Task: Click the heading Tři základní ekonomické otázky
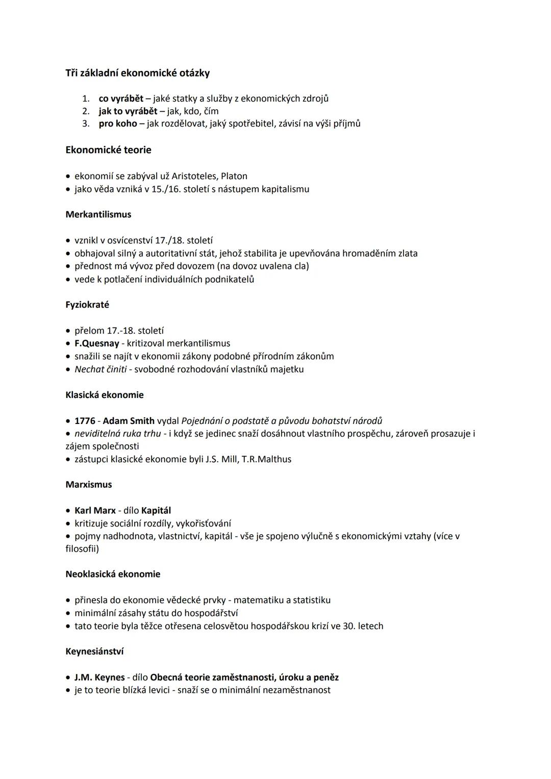click(x=137, y=73)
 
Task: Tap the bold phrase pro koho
click(x=118, y=123)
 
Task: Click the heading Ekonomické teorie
click(x=108, y=150)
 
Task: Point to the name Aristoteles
click(x=194, y=177)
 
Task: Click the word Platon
click(x=234, y=177)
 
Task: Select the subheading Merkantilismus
click(x=98, y=215)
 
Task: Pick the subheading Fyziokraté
click(x=87, y=305)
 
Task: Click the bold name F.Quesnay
click(x=96, y=344)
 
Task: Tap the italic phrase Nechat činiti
click(x=101, y=369)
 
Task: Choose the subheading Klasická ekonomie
click(x=105, y=395)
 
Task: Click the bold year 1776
click(x=85, y=421)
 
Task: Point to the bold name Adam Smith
click(x=129, y=421)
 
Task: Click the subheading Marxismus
click(x=89, y=485)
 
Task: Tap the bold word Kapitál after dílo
click(x=156, y=511)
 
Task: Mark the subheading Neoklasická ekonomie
click(x=113, y=574)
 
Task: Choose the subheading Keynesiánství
click(x=94, y=652)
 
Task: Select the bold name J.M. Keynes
click(x=99, y=678)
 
